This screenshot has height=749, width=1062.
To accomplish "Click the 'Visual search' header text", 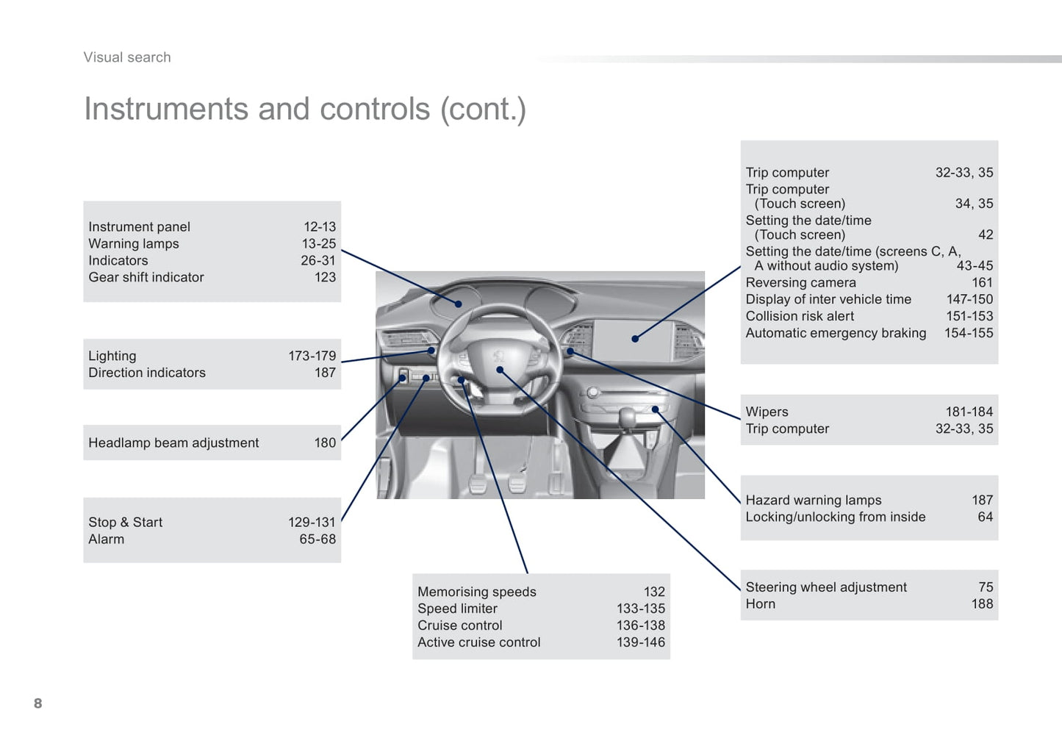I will (x=127, y=57).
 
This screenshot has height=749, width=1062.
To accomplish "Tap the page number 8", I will (x=38, y=703).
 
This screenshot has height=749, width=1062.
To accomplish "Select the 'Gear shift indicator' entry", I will (x=146, y=277).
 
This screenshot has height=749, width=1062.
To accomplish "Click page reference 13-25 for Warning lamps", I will (x=318, y=243).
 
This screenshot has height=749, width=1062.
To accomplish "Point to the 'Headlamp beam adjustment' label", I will (x=173, y=442).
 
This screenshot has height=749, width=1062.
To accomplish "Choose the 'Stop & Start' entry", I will (x=125, y=522).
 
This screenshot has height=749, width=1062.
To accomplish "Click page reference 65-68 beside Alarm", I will (x=317, y=539).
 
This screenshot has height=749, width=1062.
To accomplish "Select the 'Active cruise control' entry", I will (x=478, y=642).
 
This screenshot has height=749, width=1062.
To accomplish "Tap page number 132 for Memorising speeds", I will (x=654, y=592).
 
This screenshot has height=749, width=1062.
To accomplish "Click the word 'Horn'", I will (x=760, y=603).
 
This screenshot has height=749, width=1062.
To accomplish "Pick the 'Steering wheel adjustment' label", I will (x=826, y=587).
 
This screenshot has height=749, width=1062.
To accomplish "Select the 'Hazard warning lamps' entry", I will (x=814, y=500).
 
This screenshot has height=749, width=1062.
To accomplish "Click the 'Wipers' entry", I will (x=767, y=412).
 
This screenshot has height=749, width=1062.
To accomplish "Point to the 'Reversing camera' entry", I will (x=800, y=282).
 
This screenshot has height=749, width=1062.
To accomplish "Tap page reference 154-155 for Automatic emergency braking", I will (x=968, y=332).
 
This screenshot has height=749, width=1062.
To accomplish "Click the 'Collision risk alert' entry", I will (x=800, y=316).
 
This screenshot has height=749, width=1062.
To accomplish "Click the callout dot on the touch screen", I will (x=635, y=339).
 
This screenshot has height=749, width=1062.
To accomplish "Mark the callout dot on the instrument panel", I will (x=458, y=304).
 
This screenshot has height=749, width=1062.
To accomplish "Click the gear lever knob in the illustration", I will (x=627, y=417).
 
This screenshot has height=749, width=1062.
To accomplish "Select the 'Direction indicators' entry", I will (x=147, y=373).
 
